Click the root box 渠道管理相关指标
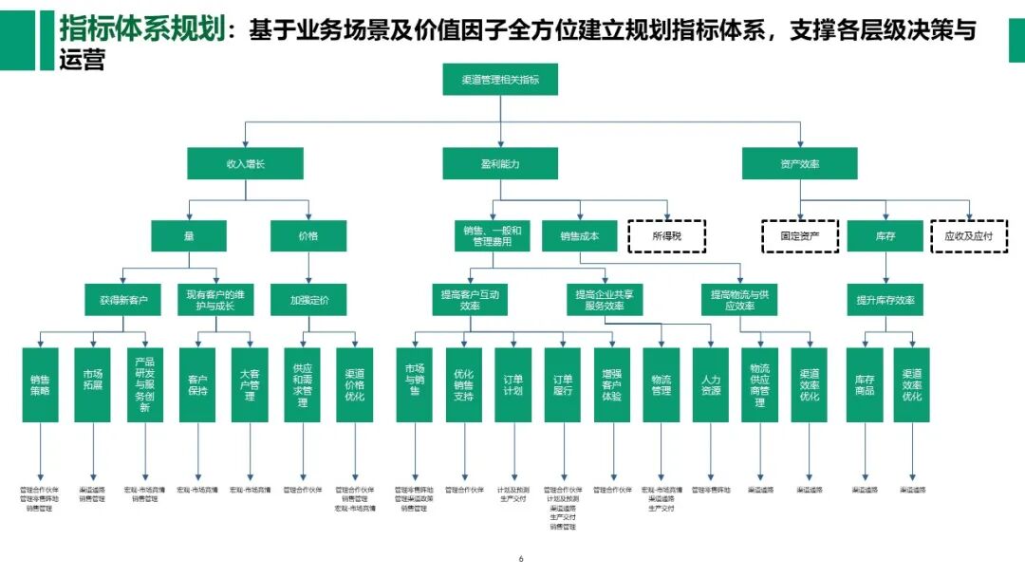(x=500, y=80)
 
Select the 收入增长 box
(x=245, y=164)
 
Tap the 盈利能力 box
(x=500, y=164)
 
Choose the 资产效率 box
(x=799, y=164)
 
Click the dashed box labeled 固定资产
(x=799, y=235)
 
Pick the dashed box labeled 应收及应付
(x=968, y=235)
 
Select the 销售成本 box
(x=579, y=235)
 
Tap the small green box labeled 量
(x=189, y=235)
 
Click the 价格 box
(x=308, y=235)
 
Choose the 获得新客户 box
(x=123, y=300)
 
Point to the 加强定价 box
(x=308, y=300)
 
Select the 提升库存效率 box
(x=885, y=300)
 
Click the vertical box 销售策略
(x=40, y=384)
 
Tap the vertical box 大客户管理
(x=250, y=384)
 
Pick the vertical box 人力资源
(x=710, y=384)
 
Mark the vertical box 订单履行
(x=562, y=384)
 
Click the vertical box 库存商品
(x=864, y=384)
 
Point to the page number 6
(x=521, y=559)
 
